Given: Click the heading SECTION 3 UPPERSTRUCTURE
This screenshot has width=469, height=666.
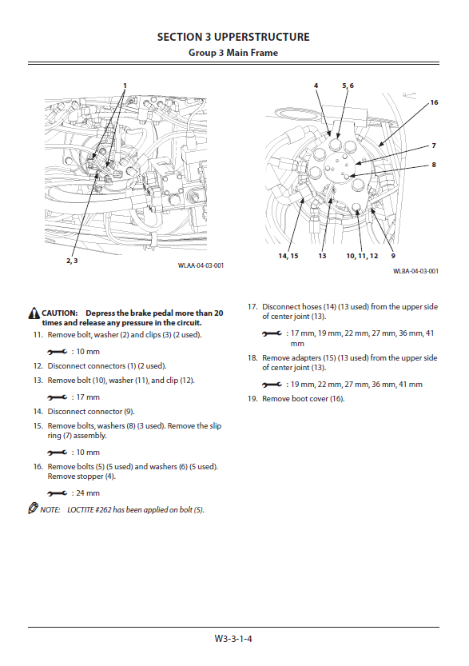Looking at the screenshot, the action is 233,37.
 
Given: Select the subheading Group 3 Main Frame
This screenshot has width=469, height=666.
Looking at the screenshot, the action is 233,53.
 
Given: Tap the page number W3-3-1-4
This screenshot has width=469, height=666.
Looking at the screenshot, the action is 233,638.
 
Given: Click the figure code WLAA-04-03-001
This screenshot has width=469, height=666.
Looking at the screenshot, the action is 201,265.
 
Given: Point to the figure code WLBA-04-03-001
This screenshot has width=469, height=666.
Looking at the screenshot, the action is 415,271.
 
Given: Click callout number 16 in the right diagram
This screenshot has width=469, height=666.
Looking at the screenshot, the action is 434,102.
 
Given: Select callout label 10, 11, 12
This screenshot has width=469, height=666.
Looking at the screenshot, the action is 362,256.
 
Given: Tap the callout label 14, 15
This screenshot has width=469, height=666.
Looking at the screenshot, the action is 288,256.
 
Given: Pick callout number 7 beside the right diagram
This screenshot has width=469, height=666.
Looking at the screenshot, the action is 434,146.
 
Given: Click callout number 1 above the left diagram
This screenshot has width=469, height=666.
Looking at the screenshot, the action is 125,86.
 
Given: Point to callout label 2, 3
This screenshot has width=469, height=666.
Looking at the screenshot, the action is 72,261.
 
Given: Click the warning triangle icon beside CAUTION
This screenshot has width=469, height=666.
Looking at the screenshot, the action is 34,313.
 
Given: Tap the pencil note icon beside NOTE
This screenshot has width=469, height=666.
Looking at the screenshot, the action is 33,508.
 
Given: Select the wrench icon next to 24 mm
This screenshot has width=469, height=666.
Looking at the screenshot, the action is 58,493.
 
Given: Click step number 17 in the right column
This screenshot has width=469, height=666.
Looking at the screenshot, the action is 252,307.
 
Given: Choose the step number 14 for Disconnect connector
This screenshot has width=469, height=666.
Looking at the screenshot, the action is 38,412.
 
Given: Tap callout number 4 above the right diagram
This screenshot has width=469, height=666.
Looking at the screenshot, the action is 316,86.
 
